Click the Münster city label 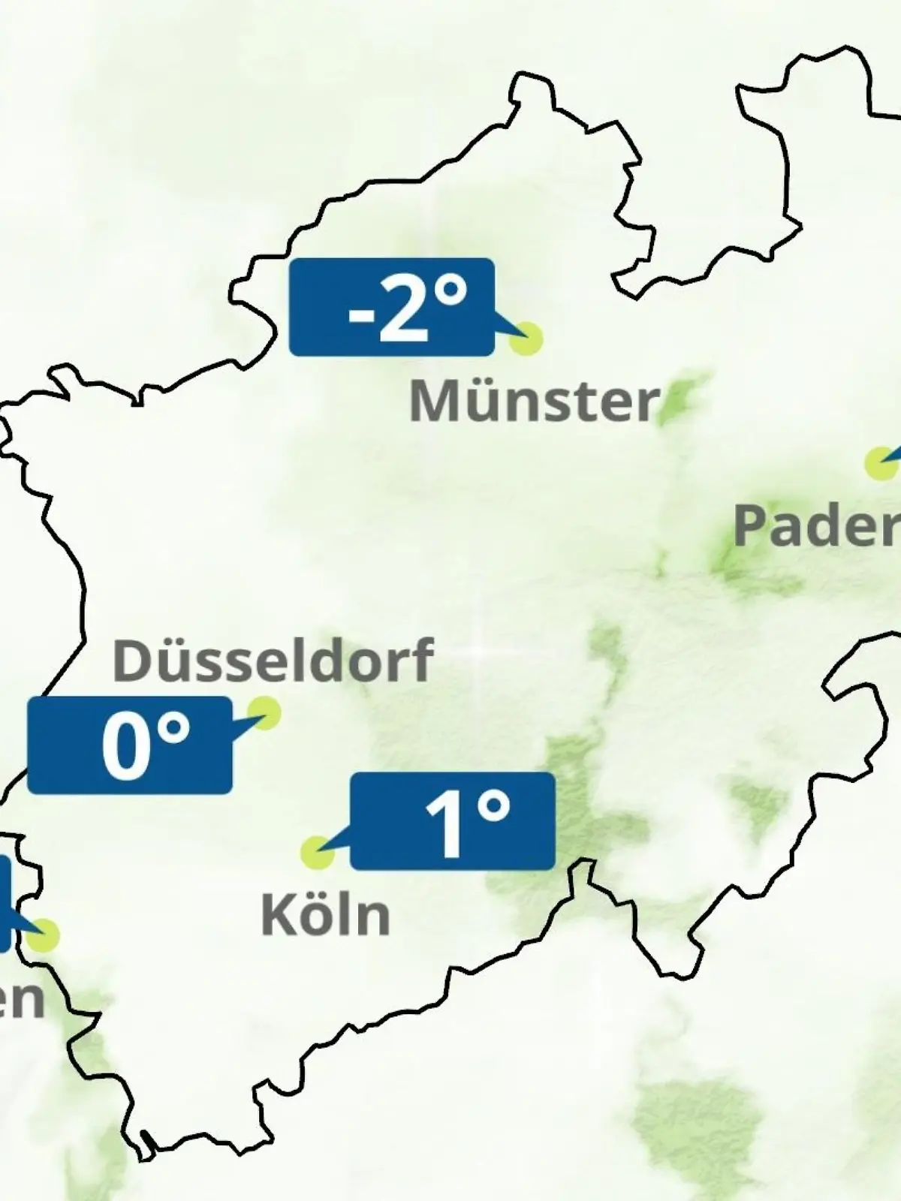(534, 401)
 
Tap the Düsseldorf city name (273, 661)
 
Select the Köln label (325, 915)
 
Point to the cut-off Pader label (817, 525)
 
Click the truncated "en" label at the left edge (21, 999)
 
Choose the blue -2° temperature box (391, 307)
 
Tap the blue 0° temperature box (129, 745)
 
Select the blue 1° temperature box (453, 821)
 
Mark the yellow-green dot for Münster (526, 339)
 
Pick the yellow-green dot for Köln (317, 853)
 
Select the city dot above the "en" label (44, 935)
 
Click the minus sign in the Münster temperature (360, 315)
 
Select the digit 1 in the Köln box (447, 824)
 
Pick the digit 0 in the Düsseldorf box (126, 746)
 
